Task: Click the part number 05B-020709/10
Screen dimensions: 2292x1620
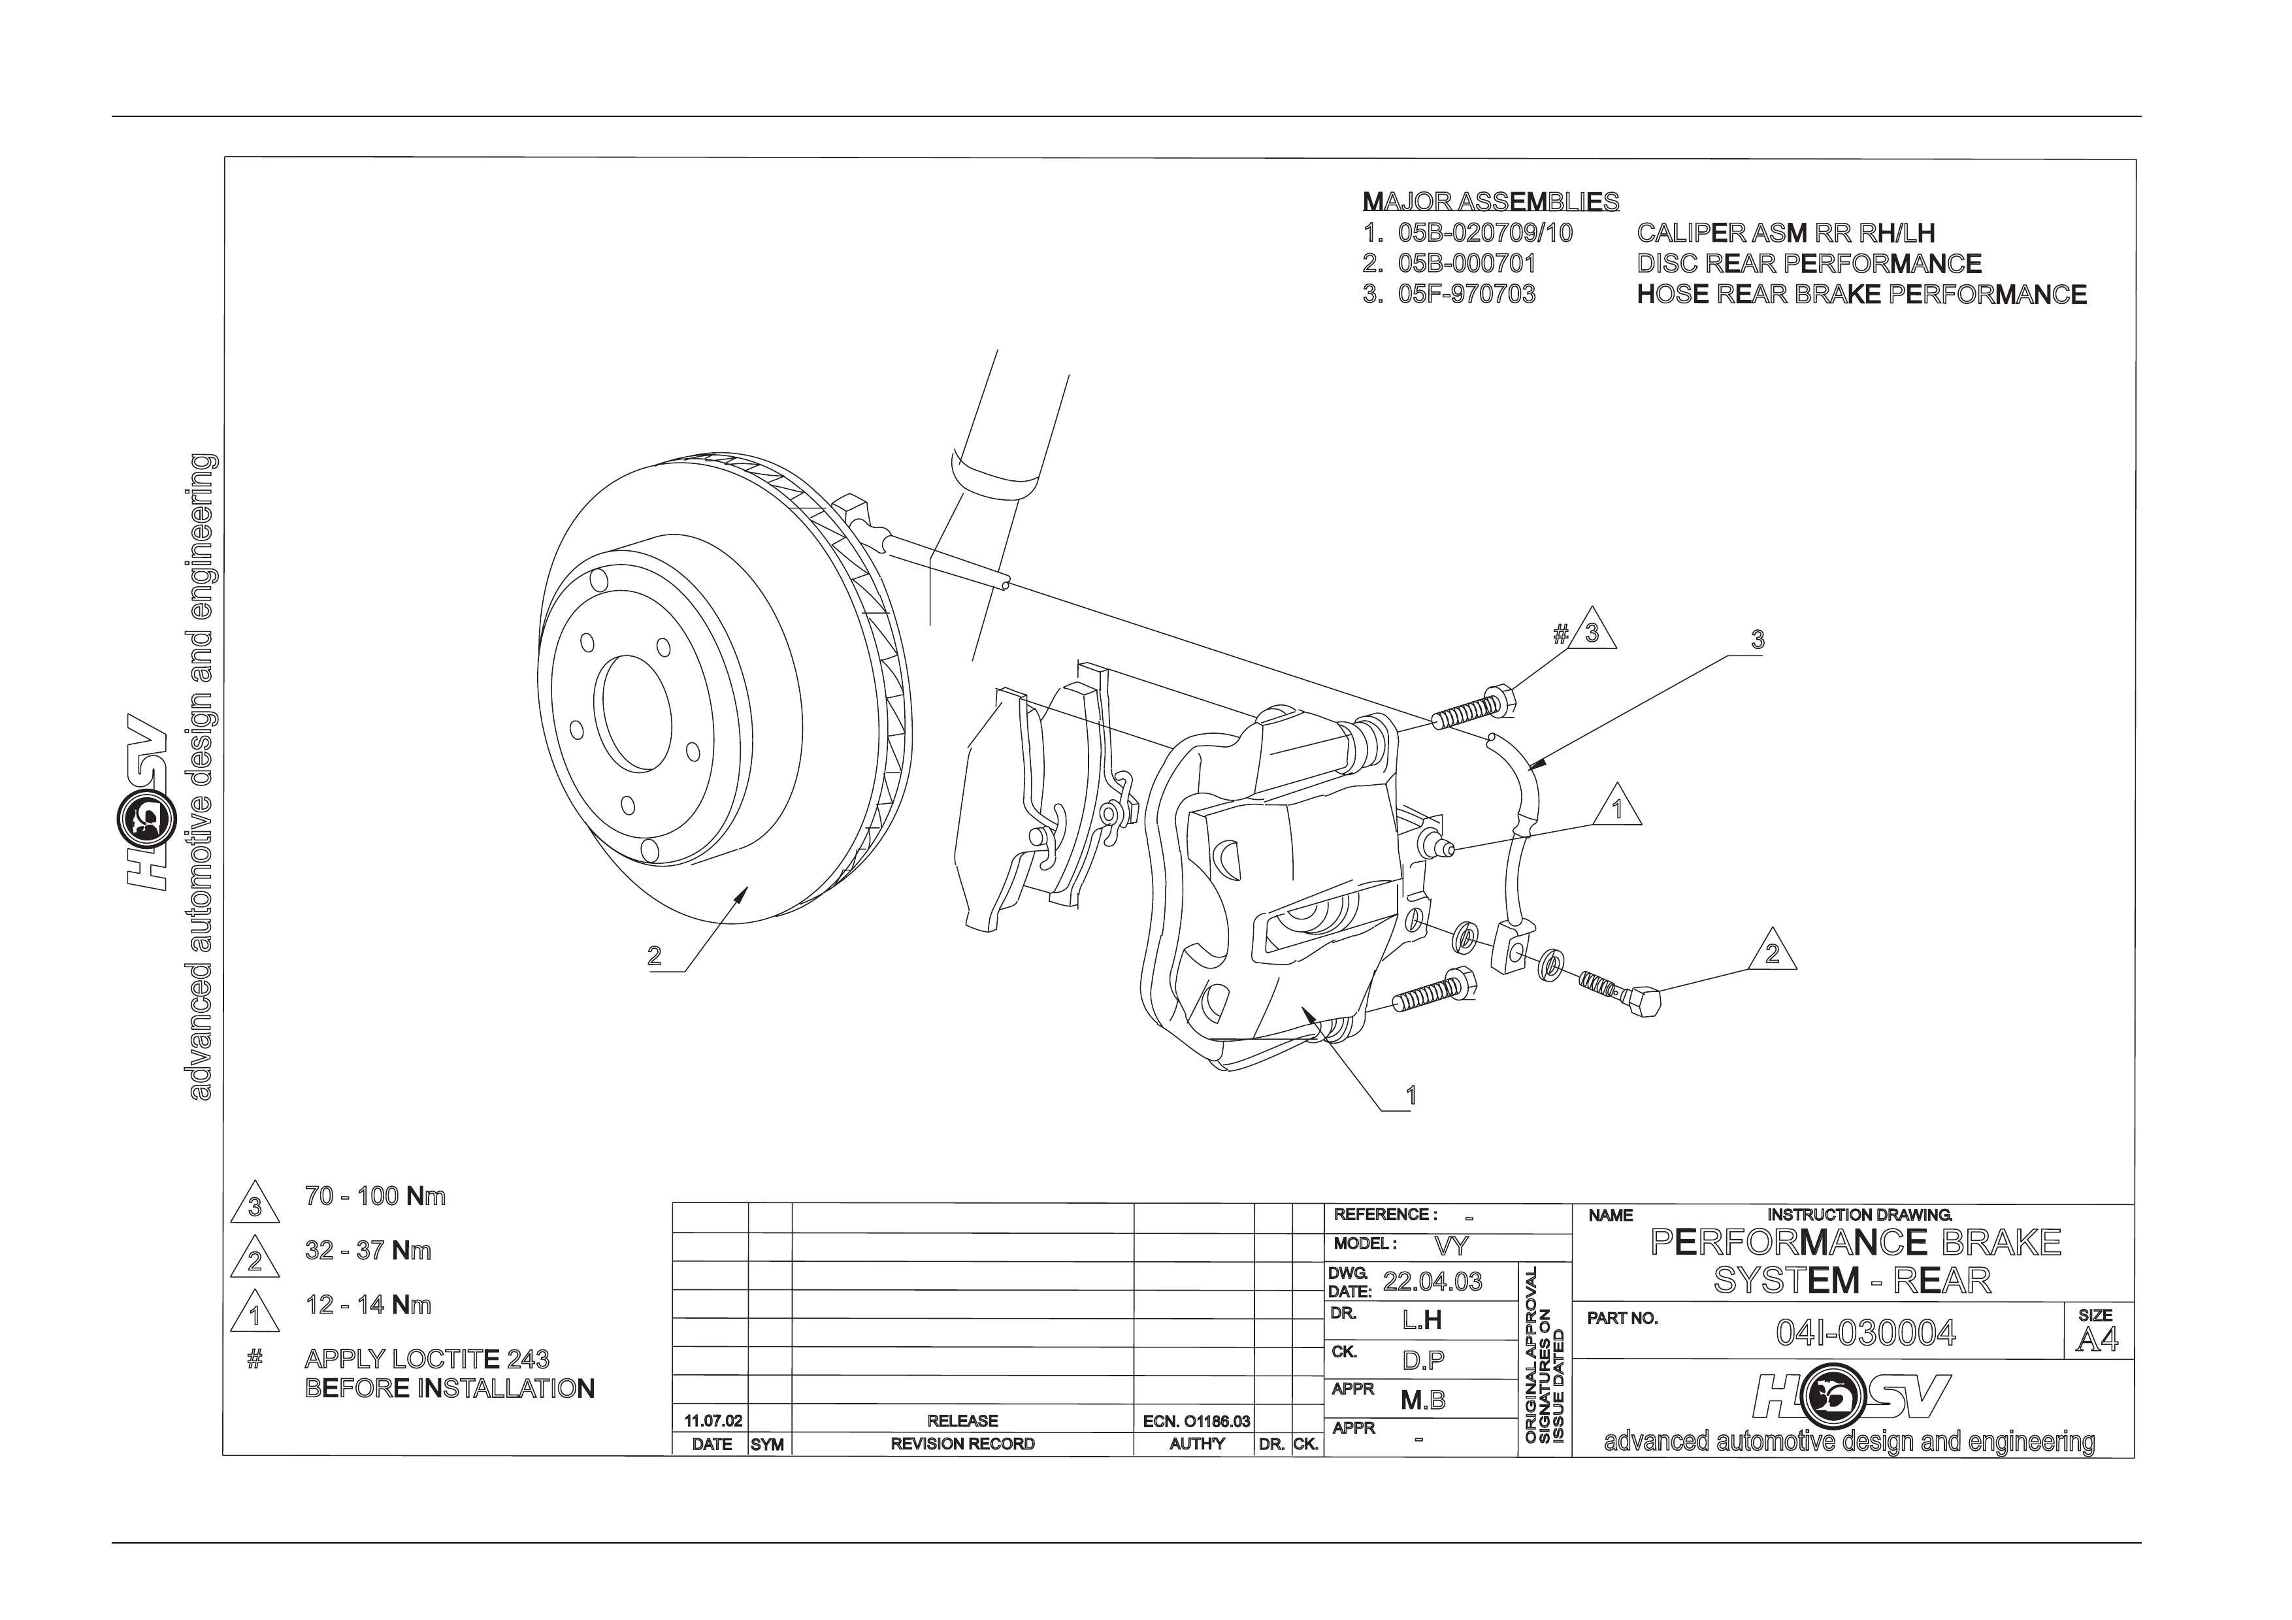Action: pos(1485,233)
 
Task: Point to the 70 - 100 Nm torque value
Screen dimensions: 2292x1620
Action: pos(375,1196)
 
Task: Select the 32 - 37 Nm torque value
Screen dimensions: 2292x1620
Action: pos(368,1251)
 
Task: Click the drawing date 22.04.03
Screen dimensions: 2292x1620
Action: pos(1432,1281)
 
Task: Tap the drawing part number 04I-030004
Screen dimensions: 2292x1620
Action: pos(1866,1334)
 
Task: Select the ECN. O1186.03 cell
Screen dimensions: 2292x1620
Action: pos(1196,1421)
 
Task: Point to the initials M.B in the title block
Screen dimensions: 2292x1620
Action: pos(1422,1400)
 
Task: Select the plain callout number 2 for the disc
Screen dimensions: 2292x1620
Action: pos(654,956)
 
